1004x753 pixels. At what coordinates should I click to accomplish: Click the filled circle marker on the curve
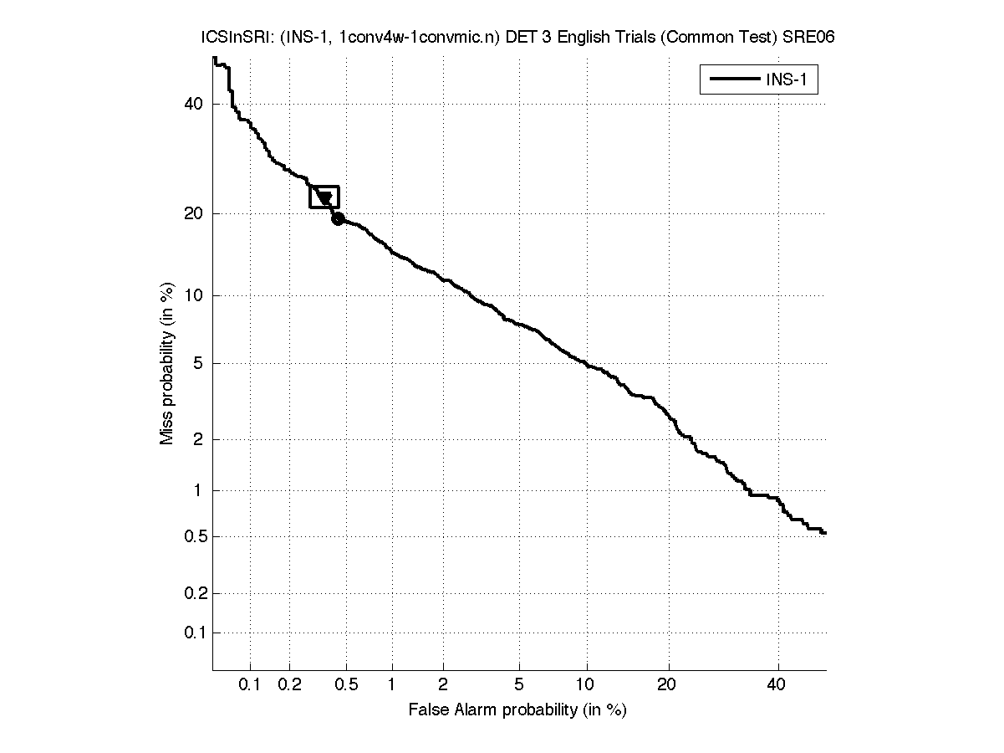tap(338, 219)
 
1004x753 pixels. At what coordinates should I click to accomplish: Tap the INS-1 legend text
tap(790, 80)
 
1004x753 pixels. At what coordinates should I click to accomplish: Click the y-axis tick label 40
tap(195, 104)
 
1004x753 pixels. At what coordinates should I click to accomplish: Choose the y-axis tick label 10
tap(195, 295)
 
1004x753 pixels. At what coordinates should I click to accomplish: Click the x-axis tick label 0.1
tap(250, 685)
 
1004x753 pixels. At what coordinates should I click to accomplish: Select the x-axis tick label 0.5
tap(346, 685)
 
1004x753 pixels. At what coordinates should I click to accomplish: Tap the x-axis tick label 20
tap(666, 685)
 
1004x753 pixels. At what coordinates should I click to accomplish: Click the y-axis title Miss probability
tap(167, 362)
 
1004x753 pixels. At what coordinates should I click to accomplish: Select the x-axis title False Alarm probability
tap(517, 710)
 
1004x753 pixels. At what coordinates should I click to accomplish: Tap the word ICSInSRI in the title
tap(230, 38)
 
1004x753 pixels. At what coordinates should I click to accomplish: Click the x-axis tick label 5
tap(519, 685)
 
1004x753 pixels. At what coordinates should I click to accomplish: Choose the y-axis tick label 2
tap(198, 439)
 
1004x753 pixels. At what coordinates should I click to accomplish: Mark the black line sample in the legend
tap(733, 80)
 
